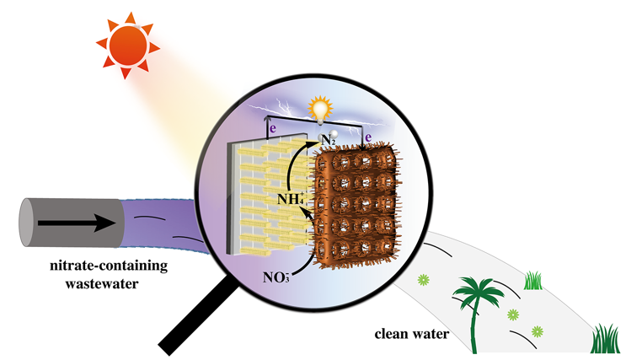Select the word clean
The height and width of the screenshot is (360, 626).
point(391,333)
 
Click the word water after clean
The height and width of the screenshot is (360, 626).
point(431,333)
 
